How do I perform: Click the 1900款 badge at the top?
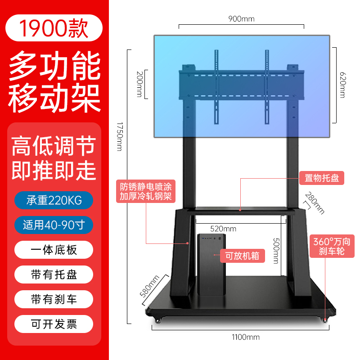(x=54, y=28)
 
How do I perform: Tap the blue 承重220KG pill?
(x=54, y=200)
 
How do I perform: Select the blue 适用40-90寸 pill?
(x=54, y=225)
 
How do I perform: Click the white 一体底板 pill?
(x=54, y=250)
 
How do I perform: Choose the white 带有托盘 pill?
(x=54, y=274)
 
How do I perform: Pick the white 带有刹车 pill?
(x=54, y=299)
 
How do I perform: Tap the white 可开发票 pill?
(x=54, y=324)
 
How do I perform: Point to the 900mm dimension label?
(x=241, y=19)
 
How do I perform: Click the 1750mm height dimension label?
(x=120, y=136)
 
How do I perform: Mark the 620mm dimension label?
(x=342, y=85)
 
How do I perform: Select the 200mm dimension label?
(x=139, y=84)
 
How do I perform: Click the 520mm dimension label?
(x=223, y=229)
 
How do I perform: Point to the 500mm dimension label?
(x=276, y=251)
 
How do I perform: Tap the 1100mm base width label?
(x=246, y=337)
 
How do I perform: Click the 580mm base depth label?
(x=149, y=286)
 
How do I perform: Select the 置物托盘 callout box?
(x=322, y=178)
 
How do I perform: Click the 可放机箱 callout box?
(x=243, y=256)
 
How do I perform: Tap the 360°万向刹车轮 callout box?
(x=332, y=246)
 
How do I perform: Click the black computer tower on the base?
(x=211, y=265)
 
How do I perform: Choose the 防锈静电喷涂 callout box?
(x=146, y=191)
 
